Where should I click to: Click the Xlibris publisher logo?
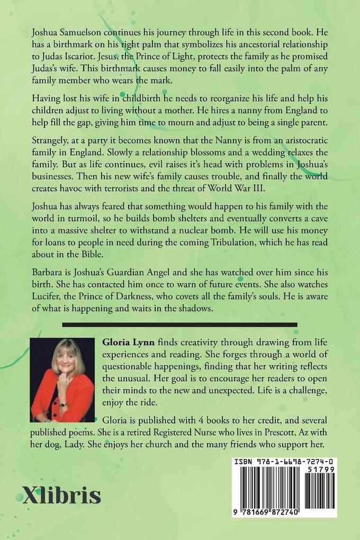click(61, 495)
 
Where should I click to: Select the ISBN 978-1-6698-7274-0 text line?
click(285, 462)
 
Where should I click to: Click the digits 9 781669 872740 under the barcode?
click(284, 512)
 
